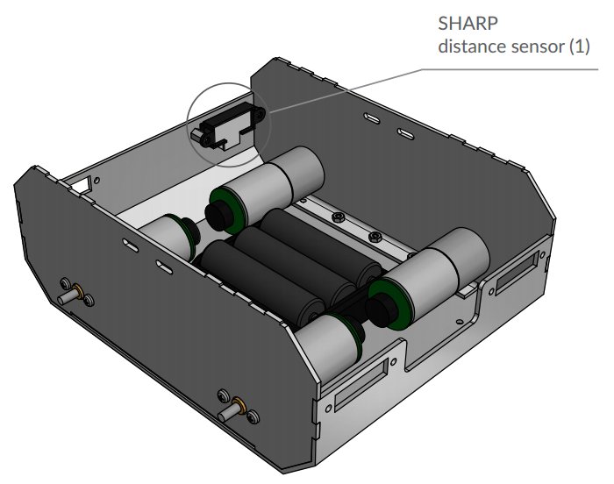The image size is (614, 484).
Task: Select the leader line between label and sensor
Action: pyautogui.click(x=351, y=91)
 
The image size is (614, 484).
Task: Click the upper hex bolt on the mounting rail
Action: pyautogui.click(x=337, y=216)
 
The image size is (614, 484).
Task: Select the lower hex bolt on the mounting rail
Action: pyautogui.click(x=375, y=237)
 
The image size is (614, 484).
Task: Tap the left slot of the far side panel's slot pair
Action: pyautogui.click(x=372, y=117)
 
